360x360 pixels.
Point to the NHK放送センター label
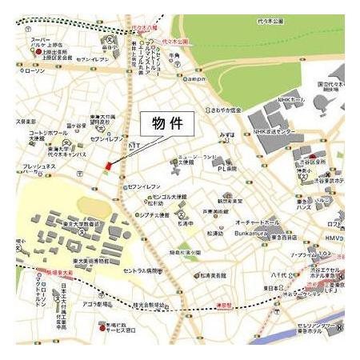point(276,132)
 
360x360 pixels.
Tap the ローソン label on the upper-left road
point(35,71)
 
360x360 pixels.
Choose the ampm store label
point(196,80)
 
